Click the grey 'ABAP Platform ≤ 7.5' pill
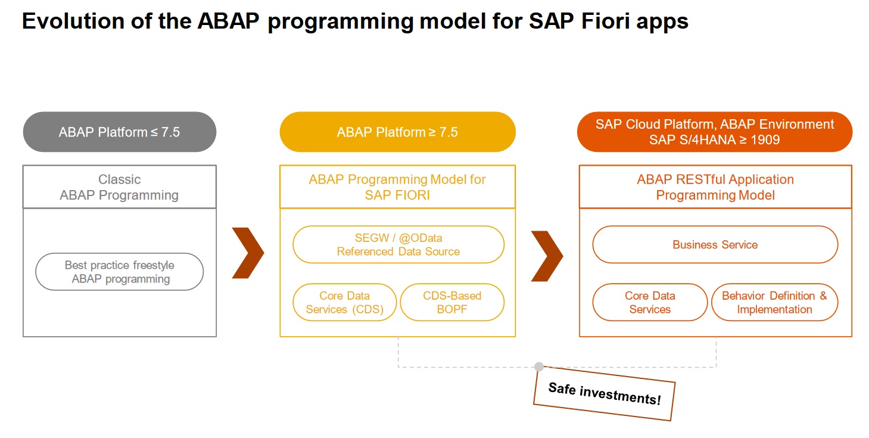tap(120, 132)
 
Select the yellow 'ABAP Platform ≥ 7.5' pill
tap(398, 132)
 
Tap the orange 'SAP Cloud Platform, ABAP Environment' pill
tap(715, 132)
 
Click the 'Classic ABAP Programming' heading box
tap(120, 187)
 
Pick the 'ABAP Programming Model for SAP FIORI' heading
tap(398, 187)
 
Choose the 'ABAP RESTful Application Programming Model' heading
tap(715, 187)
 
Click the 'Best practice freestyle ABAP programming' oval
tap(120, 272)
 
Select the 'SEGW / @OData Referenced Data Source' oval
tap(398, 245)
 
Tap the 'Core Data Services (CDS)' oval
tap(344, 303)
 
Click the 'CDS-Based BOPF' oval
tap(452, 303)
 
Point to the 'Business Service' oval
tap(715, 245)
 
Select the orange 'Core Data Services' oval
tap(650, 303)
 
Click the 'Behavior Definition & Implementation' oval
tap(774, 303)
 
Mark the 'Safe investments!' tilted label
tap(604, 394)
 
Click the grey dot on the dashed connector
tap(539, 366)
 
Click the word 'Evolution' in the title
tap(73, 21)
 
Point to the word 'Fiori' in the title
tap(605, 21)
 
